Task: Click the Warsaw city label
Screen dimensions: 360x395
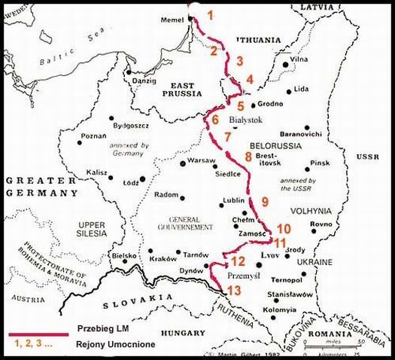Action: tap(201, 161)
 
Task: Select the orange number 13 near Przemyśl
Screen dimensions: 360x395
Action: tap(235, 290)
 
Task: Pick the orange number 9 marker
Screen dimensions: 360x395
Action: tap(264, 201)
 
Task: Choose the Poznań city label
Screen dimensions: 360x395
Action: tap(94, 138)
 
